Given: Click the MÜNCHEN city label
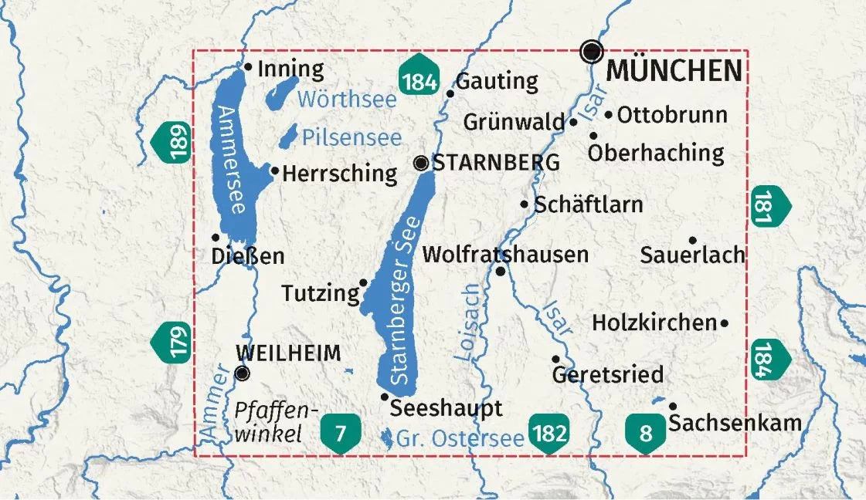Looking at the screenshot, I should (674, 70).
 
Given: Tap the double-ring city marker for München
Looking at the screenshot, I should (592, 52).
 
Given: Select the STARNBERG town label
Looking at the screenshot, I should (496, 163).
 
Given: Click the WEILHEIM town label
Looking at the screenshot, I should (288, 353).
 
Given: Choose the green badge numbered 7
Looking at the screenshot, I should (341, 434).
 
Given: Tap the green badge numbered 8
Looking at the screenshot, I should (645, 434).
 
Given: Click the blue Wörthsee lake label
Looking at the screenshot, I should (346, 100).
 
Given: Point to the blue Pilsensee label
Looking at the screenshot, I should (351, 138).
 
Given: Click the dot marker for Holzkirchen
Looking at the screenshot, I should (725, 324).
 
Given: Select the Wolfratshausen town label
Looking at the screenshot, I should (506, 254).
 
